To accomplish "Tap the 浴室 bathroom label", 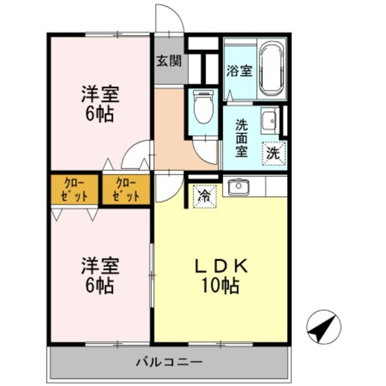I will pyautogui.click(x=239, y=71).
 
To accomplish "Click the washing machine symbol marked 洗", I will pyautogui.click(x=273, y=153).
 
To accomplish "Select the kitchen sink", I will pyautogui.click(x=239, y=188).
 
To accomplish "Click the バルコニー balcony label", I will pyautogui.click(x=168, y=362).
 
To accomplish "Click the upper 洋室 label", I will pyautogui.click(x=100, y=95).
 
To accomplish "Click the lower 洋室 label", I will pyautogui.click(x=100, y=266).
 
